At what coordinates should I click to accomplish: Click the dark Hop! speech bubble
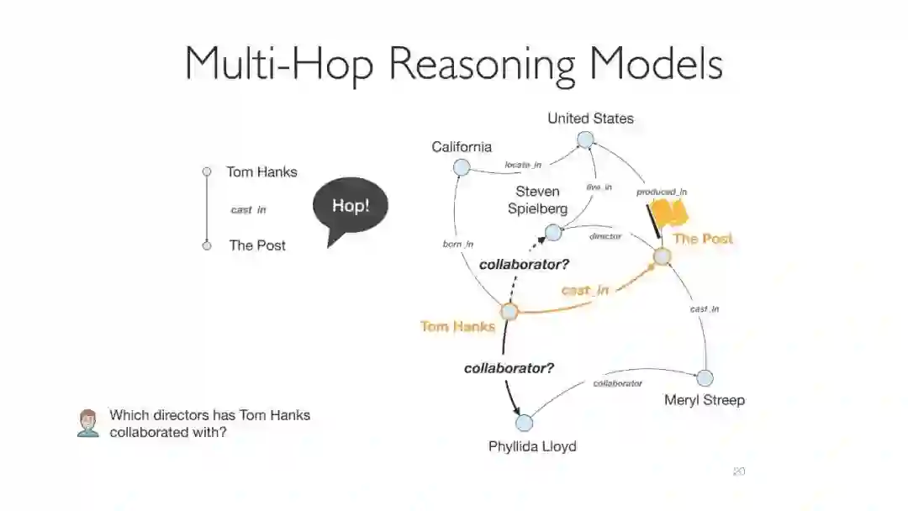[351, 207]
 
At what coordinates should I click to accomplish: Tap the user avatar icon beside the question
[87, 423]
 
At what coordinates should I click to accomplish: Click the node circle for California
[461, 167]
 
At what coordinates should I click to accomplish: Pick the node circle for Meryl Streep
[705, 378]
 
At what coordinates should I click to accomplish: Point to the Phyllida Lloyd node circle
[524, 422]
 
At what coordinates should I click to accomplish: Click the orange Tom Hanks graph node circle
[509, 312]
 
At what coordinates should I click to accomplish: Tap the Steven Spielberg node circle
[552, 233]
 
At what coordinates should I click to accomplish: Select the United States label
[590, 119]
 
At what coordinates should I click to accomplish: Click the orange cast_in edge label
[585, 291]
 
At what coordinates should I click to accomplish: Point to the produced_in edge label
[662, 192]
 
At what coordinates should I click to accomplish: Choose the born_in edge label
[457, 245]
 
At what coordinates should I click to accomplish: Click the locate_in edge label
[523, 165]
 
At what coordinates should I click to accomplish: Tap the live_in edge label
[599, 187]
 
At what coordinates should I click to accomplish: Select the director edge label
[605, 236]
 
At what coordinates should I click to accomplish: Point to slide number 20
[738, 471]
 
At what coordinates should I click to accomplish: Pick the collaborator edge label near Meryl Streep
[617, 383]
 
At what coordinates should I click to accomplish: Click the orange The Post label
[703, 239]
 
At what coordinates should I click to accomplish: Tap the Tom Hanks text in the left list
[261, 172]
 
